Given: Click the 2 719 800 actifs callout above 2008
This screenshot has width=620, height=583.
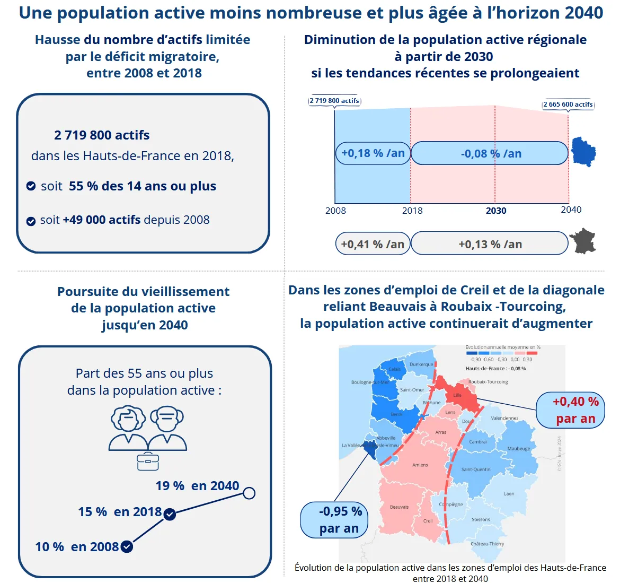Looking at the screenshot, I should (x=334, y=101).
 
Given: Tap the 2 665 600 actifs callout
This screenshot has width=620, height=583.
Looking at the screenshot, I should (x=568, y=105).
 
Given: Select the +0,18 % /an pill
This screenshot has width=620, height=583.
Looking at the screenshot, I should (x=373, y=153).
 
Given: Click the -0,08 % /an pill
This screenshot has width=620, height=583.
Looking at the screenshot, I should (x=490, y=153).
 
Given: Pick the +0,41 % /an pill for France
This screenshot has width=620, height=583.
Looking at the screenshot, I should (x=373, y=244).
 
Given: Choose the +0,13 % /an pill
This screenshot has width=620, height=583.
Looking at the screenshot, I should (x=490, y=244).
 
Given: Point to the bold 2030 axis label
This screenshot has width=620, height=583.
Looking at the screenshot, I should (x=496, y=211).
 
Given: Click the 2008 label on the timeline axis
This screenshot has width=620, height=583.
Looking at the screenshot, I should (x=335, y=211).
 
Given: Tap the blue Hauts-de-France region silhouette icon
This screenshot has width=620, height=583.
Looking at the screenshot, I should (x=583, y=152).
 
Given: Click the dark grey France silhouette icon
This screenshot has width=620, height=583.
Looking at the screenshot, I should (x=583, y=241).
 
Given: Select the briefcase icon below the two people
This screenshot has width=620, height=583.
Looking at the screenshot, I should (x=148, y=462).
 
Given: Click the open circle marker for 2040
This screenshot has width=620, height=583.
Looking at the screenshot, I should (x=249, y=493).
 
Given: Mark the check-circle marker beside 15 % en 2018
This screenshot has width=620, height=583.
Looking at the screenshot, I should (x=170, y=514).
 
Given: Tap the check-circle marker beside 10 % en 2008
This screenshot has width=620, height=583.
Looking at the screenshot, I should (x=127, y=547).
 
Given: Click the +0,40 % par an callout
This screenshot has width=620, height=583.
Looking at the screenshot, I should (x=570, y=410).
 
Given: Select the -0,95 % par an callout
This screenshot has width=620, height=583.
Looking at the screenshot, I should (x=334, y=520).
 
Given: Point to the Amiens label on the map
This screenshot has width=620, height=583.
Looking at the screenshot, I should (x=420, y=465).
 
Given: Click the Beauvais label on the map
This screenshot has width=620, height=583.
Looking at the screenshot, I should (x=399, y=507).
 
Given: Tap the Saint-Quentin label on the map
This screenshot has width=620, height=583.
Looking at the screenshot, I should (x=476, y=469).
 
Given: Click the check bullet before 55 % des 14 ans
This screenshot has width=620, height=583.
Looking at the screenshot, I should (x=31, y=186).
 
